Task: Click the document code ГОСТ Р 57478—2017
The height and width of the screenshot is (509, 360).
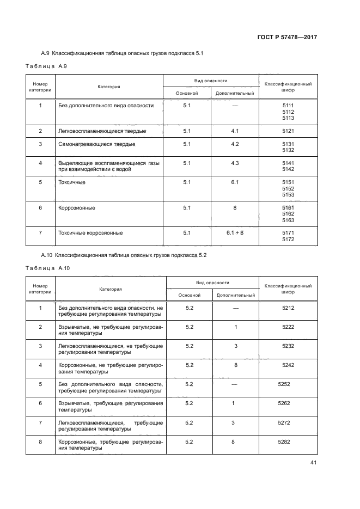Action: point(286,37)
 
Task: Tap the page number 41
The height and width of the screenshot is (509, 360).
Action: point(313,463)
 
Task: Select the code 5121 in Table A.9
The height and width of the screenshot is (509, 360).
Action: point(288,131)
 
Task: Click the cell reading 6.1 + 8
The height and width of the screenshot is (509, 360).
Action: point(235,232)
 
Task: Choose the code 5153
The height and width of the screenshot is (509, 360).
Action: point(288,195)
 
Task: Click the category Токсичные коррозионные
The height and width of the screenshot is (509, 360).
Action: point(90,232)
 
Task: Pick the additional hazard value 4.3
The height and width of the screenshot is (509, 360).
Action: point(235,163)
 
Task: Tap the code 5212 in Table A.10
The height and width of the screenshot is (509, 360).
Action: point(288,308)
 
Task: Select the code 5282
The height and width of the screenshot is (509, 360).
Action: point(284,441)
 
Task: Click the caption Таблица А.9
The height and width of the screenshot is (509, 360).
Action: point(46,66)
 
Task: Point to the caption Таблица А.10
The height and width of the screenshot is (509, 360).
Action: point(48,268)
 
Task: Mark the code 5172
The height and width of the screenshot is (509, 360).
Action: point(288,239)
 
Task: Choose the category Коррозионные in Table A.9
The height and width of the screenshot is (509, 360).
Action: point(77,207)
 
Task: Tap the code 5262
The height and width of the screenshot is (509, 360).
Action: point(284,403)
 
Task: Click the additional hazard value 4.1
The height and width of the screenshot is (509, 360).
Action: point(235,131)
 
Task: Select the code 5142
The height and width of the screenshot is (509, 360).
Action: point(288,169)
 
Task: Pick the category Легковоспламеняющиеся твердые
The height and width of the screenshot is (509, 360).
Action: point(102,131)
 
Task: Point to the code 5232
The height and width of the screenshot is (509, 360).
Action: point(288,346)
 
